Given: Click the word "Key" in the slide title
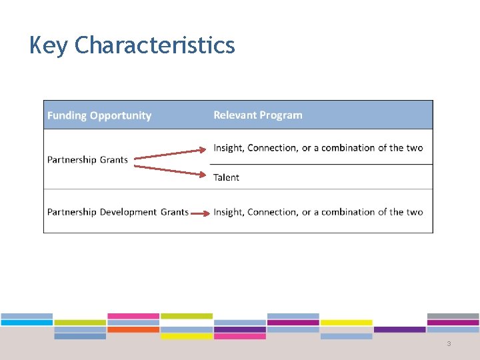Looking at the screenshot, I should (49, 45).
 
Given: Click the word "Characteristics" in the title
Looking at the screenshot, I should (155, 45).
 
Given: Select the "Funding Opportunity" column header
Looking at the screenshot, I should (99, 115).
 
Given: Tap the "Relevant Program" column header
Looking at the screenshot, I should (257, 115).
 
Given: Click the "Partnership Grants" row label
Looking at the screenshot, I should (87, 160).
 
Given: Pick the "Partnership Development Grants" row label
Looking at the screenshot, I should (117, 212).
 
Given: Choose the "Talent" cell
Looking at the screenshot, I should (226, 177).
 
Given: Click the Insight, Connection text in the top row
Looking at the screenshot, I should (318, 148).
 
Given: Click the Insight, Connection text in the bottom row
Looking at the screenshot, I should (318, 212).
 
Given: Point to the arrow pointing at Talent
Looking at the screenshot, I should (170, 170).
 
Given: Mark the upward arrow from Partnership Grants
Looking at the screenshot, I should (170, 154).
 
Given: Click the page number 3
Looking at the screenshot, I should (449, 344).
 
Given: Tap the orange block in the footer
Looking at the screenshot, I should (133, 329).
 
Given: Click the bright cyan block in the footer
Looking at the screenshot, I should (27, 323).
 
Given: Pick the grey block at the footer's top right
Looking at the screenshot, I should (453, 316).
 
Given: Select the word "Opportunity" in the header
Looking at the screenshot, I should (121, 115).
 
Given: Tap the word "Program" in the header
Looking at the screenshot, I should (280, 115).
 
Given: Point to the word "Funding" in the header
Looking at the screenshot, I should (67, 115).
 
